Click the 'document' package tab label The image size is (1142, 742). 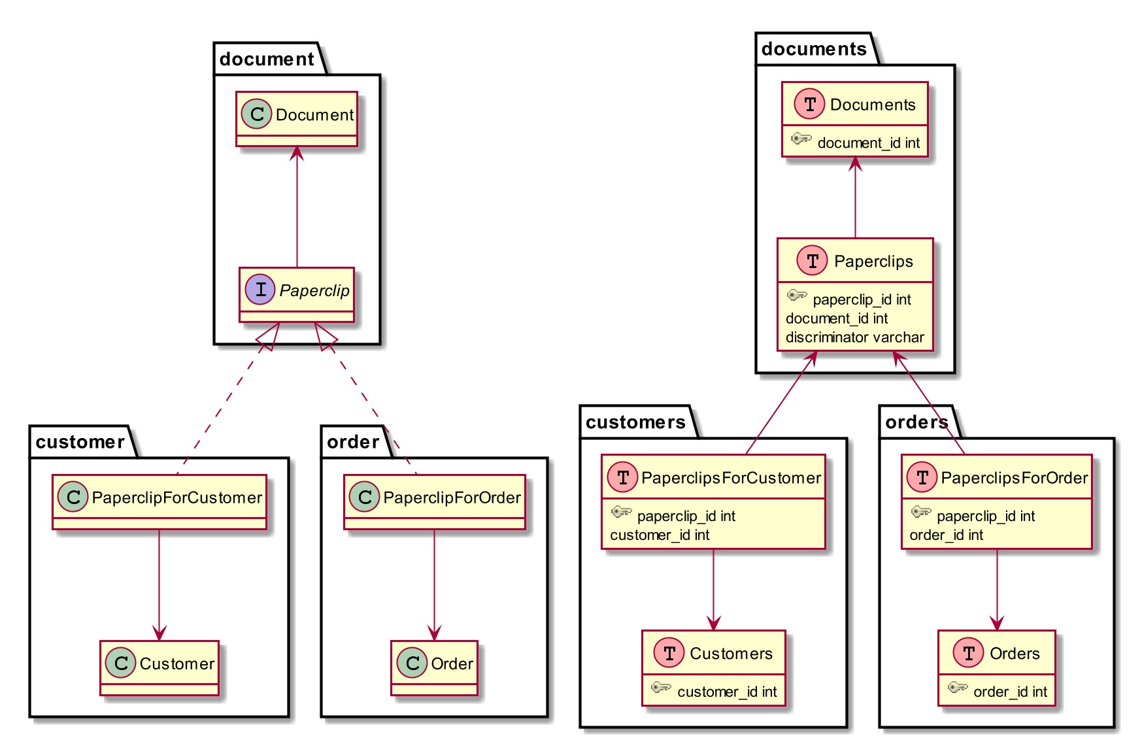pyautogui.click(x=267, y=59)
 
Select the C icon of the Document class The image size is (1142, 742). pyautogui.click(x=257, y=114)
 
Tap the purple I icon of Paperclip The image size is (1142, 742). pyautogui.click(x=260, y=290)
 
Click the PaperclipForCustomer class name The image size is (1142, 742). pyautogui.click(x=176, y=497)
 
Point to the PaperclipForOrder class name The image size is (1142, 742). pyautogui.click(x=452, y=497)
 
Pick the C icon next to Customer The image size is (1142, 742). pyautogui.click(x=121, y=663)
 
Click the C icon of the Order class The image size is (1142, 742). pyautogui.click(x=412, y=663)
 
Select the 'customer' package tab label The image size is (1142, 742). pyautogui.click(x=80, y=443)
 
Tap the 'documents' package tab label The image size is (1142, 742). pyautogui.click(x=814, y=49)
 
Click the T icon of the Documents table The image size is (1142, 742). pyautogui.click(x=810, y=104)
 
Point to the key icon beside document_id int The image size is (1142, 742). pyautogui.click(x=801, y=139)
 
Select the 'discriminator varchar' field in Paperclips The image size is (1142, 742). pyautogui.click(x=855, y=337)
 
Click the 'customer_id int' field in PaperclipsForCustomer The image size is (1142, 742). pyautogui.click(x=660, y=535)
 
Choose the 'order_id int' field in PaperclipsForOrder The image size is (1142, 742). pyautogui.click(x=947, y=535)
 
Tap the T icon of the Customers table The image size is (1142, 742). pyautogui.click(x=669, y=652)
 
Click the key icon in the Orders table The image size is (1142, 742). pyautogui.click(x=958, y=687)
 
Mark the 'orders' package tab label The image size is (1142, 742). pyautogui.click(x=916, y=422)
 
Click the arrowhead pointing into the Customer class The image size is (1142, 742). pyautogui.click(x=159, y=633)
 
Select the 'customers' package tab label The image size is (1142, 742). pyautogui.click(x=635, y=422)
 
